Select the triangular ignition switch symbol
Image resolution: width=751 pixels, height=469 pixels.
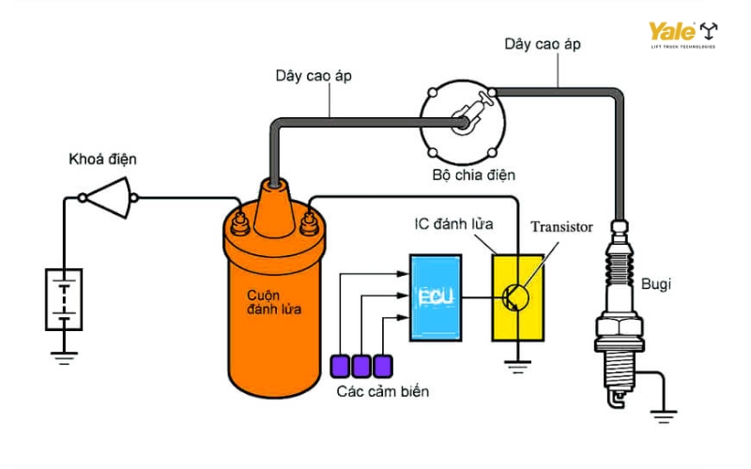110,198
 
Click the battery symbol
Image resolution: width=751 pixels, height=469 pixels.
64,299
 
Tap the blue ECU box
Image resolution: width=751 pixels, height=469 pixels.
434,297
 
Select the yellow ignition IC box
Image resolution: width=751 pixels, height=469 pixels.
515,296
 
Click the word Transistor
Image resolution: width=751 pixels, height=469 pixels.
561,227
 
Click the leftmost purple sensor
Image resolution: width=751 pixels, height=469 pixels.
340,364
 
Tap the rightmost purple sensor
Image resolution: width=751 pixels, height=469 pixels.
382,364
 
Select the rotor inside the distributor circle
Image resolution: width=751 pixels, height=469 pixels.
467,117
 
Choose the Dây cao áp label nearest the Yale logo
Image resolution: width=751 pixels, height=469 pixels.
542,44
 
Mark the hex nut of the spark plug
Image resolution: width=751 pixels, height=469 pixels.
619,331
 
